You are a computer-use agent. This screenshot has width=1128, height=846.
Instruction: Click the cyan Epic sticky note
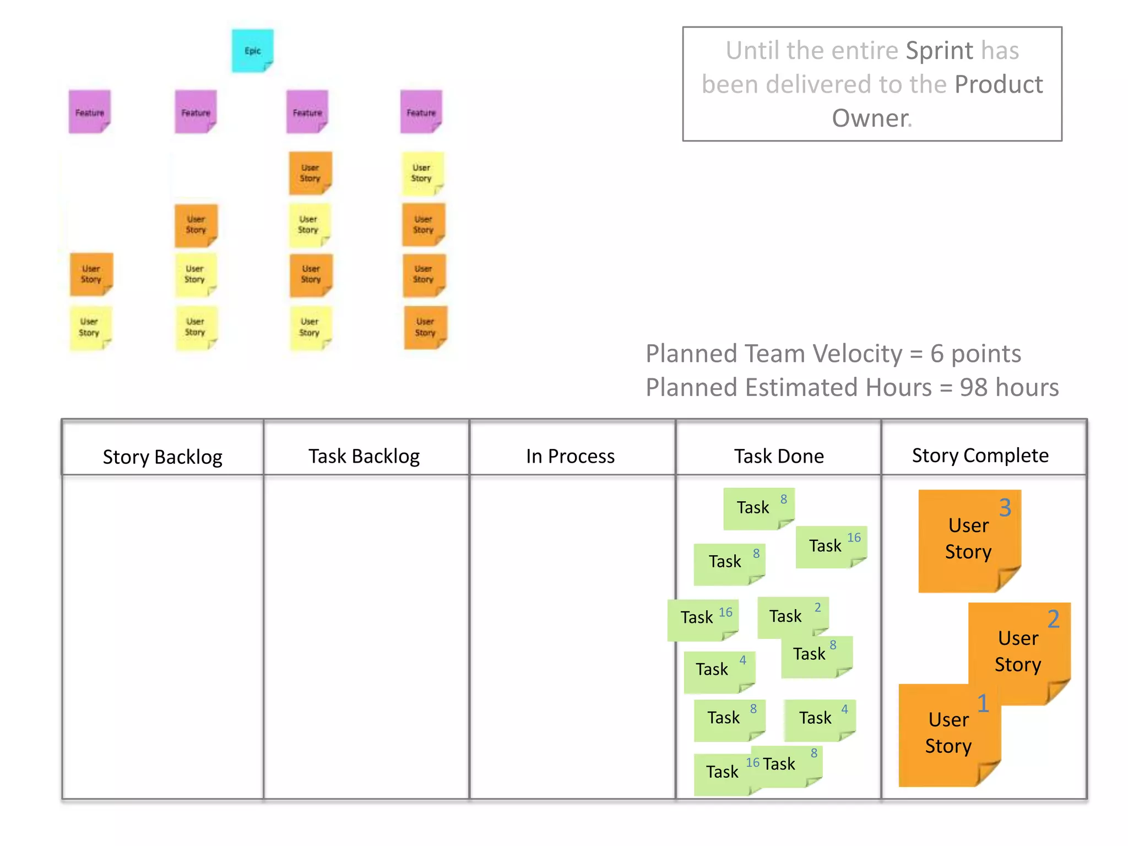coord(252,51)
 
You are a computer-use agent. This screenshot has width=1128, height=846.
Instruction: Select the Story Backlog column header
coord(162,457)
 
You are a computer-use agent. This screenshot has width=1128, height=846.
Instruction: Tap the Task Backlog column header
coord(364,456)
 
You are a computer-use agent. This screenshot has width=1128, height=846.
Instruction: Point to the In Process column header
coord(570,456)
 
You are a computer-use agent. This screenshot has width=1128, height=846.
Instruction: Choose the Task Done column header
coord(779,456)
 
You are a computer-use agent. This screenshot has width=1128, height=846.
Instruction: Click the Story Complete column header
coord(980,455)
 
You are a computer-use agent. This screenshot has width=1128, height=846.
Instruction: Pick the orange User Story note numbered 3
coord(968,540)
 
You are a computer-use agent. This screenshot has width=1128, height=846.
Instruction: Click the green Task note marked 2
coord(792,616)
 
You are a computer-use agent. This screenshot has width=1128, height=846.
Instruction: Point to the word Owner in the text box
coord(870,118)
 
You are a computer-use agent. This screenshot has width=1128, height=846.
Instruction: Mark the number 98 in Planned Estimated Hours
coord(973,387)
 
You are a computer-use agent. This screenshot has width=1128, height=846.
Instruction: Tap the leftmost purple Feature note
coord(89,112)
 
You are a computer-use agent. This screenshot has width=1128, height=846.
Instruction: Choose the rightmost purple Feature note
coord(421,112)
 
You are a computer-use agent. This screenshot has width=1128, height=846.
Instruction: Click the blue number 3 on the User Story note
coord(1005,507)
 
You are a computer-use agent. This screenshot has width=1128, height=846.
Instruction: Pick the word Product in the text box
coord(999,84)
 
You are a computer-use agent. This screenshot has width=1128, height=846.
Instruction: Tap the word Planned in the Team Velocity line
coord(683,354)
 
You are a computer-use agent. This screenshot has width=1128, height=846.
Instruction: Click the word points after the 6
coord(986,354)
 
